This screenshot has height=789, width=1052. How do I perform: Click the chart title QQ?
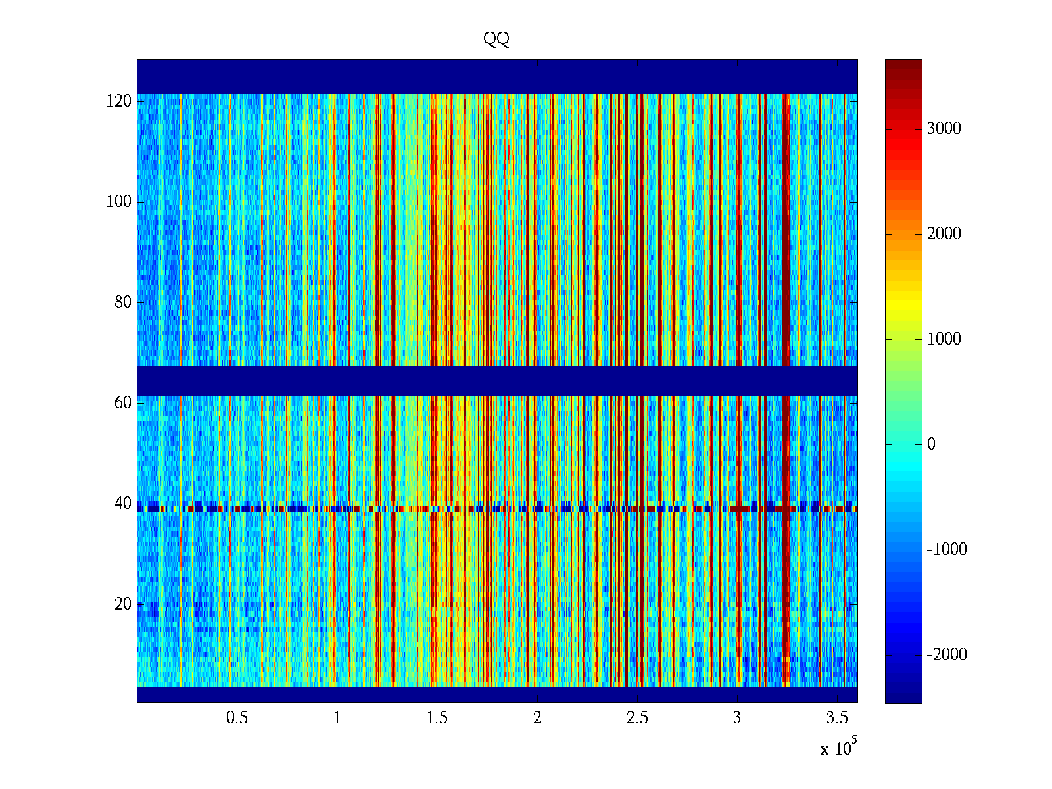click(496, 39)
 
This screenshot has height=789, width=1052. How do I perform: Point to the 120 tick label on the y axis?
click(118, 101)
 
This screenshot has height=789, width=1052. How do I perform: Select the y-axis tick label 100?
click(118, 202)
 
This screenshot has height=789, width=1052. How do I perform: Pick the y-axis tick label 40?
click(122, 504)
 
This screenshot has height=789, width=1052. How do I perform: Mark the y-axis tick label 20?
click(122, 604)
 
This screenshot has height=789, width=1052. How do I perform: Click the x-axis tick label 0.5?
click(237, 718)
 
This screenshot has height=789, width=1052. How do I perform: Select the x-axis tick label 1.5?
click(437, 718)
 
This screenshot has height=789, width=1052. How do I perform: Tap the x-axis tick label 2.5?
click(637, 718)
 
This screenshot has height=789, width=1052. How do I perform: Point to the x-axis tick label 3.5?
click(837, 718)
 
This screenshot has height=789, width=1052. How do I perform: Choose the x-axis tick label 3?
click(737, 718)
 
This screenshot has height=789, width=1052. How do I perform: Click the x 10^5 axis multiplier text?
click(838, 748)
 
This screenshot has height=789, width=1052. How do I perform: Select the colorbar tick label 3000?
click(944, 129)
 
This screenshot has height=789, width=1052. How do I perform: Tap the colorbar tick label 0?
click(931, 444)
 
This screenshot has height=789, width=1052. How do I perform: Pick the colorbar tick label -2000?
click(947, 655)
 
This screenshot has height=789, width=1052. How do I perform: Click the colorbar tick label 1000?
click(944, 339)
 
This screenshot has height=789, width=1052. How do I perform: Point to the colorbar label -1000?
click(947, 550)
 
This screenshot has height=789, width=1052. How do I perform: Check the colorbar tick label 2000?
click(944, 234)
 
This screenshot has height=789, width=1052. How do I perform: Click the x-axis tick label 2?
click(537, 718)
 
